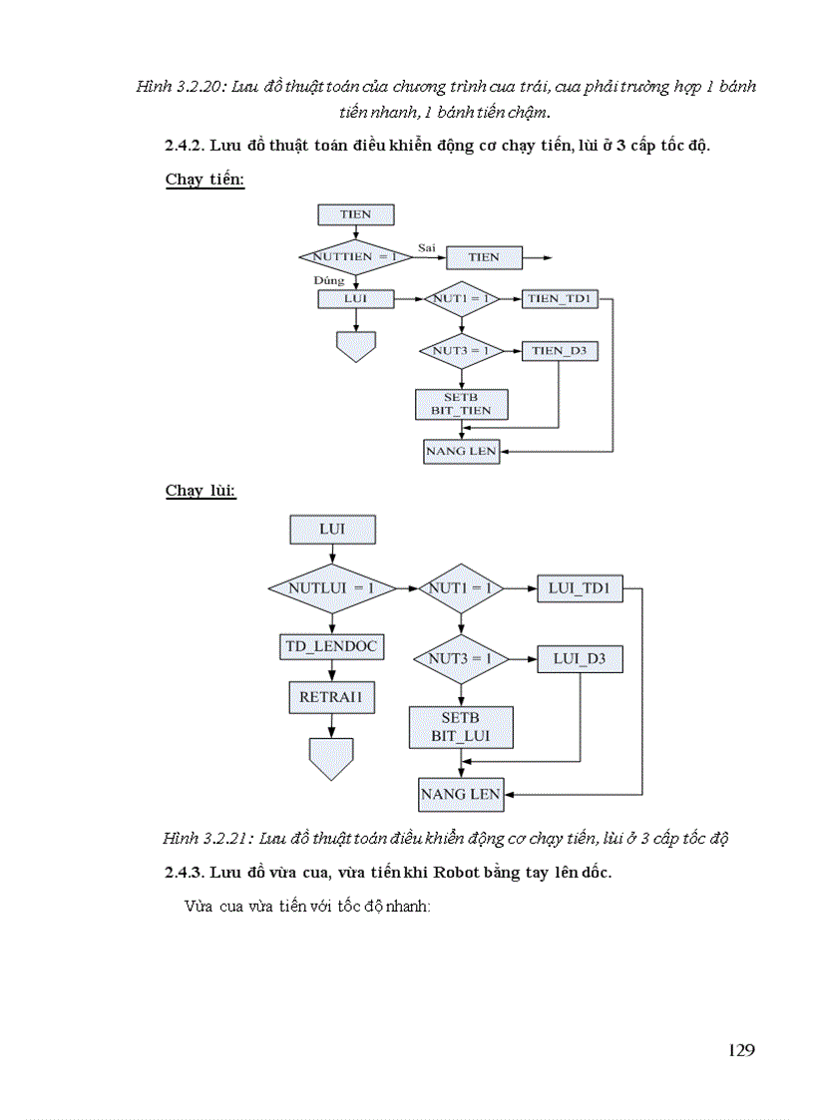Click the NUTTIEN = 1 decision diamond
pyautogui.click(x=355, y=257)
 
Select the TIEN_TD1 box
pyautogui.click(x=559, y=299)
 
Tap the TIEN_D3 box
pyautogui.click(x=559, y=351)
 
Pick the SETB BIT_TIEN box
pyautogui.click(x=461, y=404)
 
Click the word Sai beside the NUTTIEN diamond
pyautogui.click(x=427, y=246)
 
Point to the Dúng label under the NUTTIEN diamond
pyautogui.click(x=328, y=281)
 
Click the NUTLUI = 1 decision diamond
pyautogui.click(x=330, y=588)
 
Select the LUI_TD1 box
pyautogui.click(x=580, y=588)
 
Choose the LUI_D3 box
pyautogui.click(x=580, y=659)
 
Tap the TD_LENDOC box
pyautogui.click(x=330, y=646)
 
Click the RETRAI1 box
pyautogui.click(x=332, y=698)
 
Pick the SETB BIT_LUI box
pyautogui.click(x=460, y=727)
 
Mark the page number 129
pyautogui.click(x=741, y=1050)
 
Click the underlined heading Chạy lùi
pyautogui.click(x=201, y=491)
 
